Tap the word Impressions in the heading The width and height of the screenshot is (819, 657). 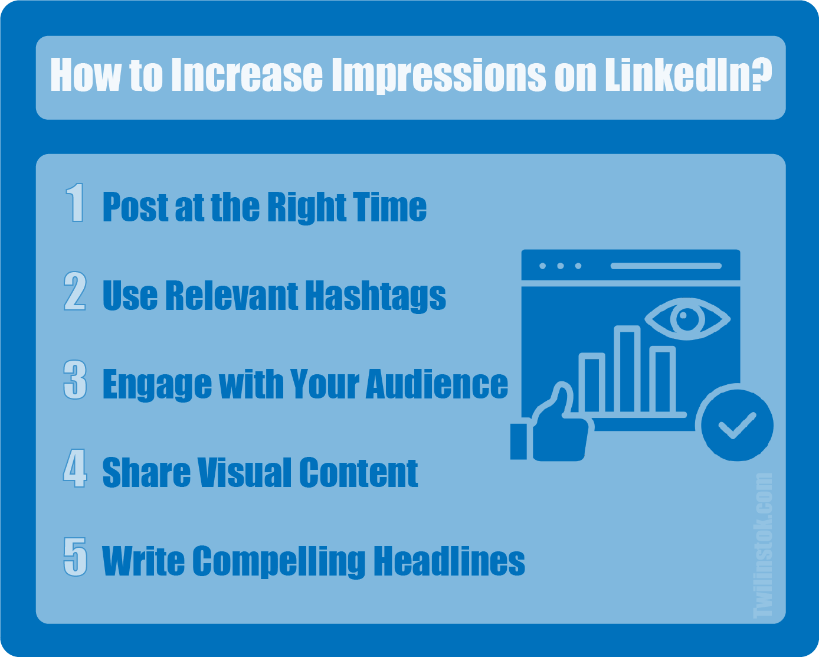click(x=439, y=76)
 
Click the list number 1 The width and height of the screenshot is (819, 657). click(x=75, y=202)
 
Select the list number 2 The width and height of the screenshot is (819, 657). click(x=75, y=291)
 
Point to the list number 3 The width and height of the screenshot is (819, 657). click(x=75, y=380)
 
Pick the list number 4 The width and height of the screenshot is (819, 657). click(x=75, y=468)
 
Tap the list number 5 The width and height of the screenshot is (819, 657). click(x=75, y=557)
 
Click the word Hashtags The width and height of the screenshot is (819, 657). click(x=376, y=297)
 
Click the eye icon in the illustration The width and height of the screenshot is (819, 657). click(x=687, y=319)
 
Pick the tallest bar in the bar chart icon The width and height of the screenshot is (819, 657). click(x=627, y=369)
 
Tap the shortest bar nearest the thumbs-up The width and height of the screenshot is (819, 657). click(x=592, y=383)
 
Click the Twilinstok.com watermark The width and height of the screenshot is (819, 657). click(x=763, y=545)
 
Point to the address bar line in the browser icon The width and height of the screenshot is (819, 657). click(x=666, y=266)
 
